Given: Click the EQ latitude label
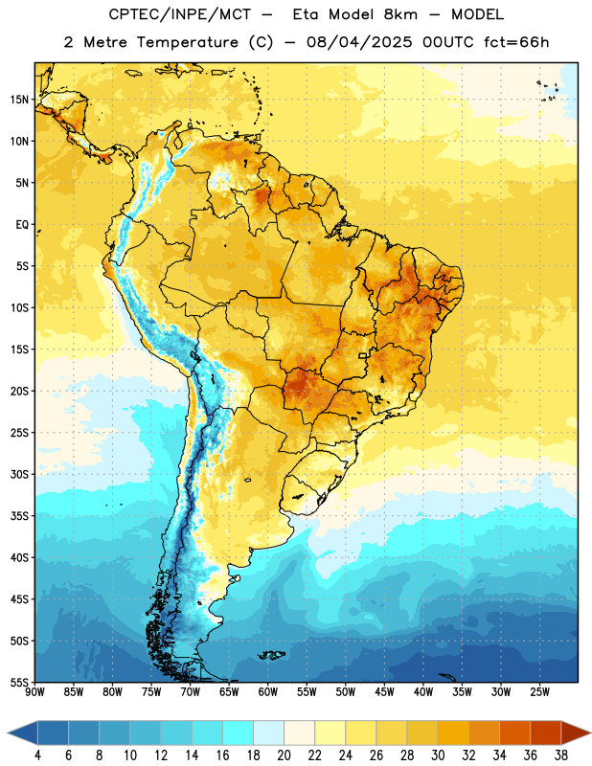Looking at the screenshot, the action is tap(22, 225).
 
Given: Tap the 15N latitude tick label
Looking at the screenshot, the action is tap(19, 100).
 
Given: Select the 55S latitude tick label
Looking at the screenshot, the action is tap(19, 683).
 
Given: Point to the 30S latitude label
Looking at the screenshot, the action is tap(19, 474).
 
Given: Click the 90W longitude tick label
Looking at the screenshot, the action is tap(34, 692).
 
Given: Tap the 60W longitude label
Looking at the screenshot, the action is tap(268, 692).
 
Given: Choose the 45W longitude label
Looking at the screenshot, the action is tap(385, 692).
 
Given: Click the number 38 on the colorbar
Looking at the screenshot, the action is tap(561, 755).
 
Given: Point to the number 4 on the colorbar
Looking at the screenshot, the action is tap(37, 755).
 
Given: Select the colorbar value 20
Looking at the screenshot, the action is tap(284, 755).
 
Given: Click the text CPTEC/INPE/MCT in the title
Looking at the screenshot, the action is tap(179, 14).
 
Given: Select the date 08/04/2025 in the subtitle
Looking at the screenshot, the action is tap(360, 42).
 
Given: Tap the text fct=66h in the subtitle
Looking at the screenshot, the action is tap(516, 42).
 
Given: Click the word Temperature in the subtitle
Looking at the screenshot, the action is tap(187, 42).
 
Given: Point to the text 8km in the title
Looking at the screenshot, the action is tap(400, 14).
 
